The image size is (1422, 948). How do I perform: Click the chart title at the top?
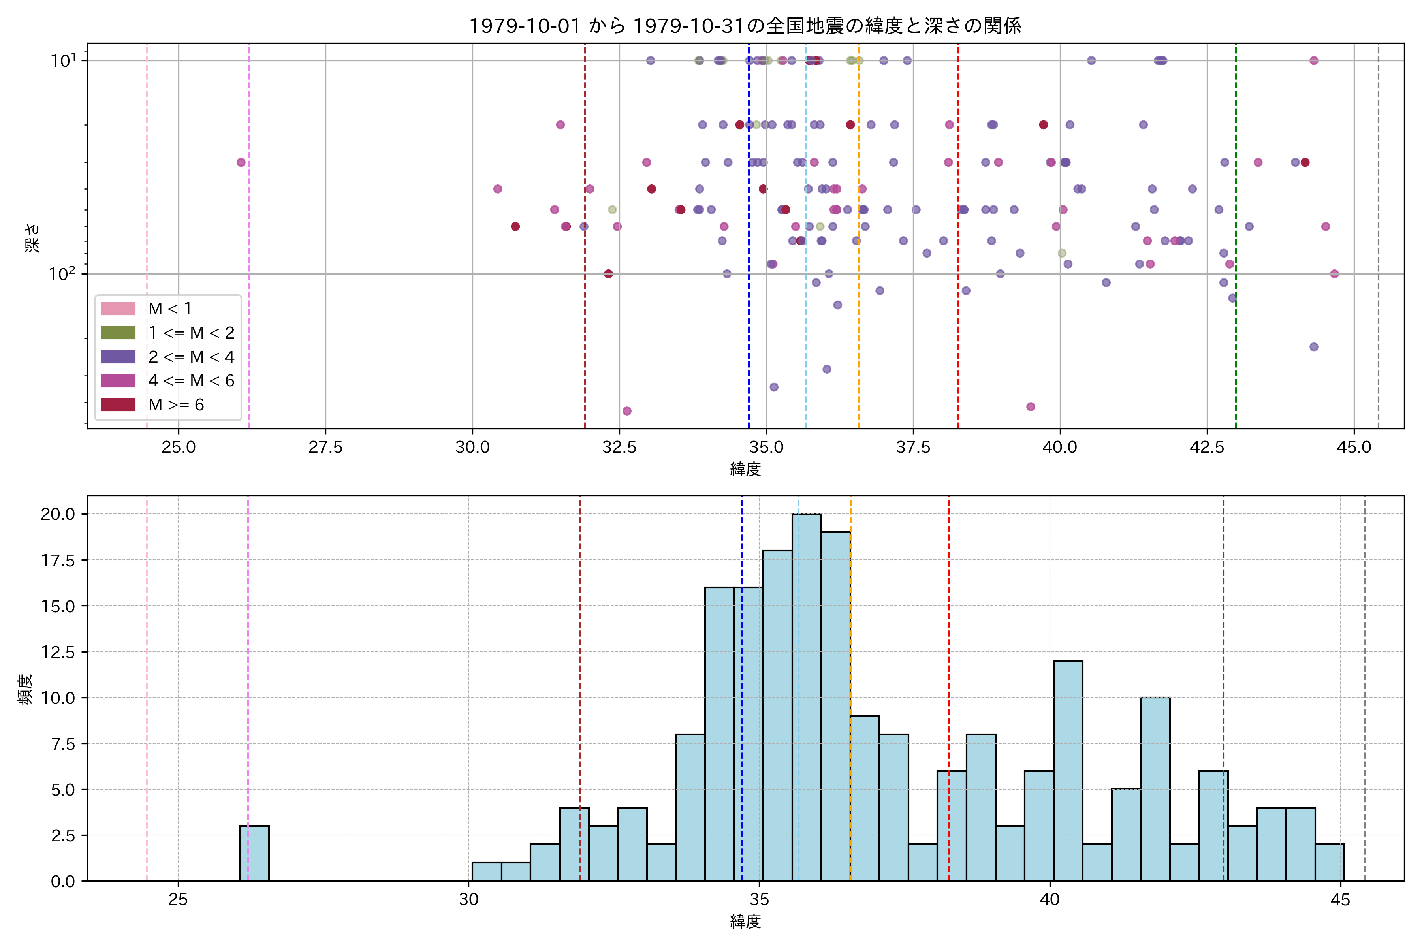pyautogui.click(x=745, y=25)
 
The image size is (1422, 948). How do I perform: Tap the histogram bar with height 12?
pyautogui.click(x=1068, y=771)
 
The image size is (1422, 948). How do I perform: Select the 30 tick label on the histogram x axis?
pyautogui.click(x=468, y=900)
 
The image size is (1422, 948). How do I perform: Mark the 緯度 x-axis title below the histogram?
pyautogui.click(x=745, y=922)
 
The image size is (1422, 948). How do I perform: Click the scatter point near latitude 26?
pyautogui.click(x=241, y=162)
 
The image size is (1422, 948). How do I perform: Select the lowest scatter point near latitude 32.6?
pyautogui.click(x=627, y=411)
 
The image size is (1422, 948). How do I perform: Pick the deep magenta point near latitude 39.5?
pyautogui.click(x=1031, y=406)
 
